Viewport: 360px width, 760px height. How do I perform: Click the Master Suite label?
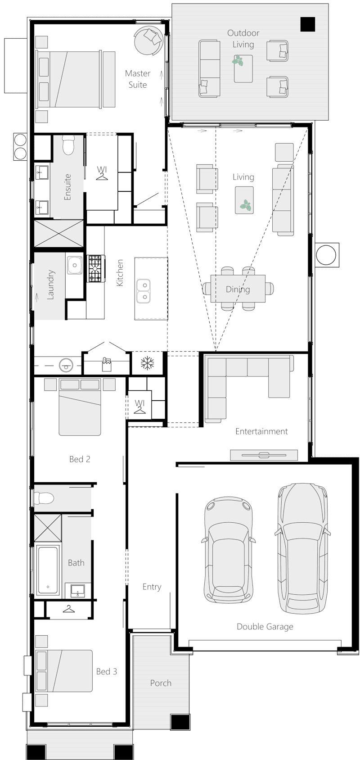point(138,79)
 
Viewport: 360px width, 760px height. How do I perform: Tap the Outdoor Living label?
point(243,39)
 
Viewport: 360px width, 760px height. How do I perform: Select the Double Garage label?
point(265,626)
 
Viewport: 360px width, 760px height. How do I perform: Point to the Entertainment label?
point(261,431)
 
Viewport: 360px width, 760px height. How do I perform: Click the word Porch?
point(161,683)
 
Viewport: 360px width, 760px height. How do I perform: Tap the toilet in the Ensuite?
point(68,145)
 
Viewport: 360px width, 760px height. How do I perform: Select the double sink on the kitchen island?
point(144,291)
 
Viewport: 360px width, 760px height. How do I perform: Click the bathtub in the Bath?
point(48,570)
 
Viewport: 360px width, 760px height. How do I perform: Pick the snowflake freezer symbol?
point(147,363)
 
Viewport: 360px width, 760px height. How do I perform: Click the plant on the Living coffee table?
point(245,205)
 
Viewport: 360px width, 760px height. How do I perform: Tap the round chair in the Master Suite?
point(148,41)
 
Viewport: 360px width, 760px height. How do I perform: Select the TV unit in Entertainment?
point(264,455)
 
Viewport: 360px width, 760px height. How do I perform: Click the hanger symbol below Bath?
point(68,609)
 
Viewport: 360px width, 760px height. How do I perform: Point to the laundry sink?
point(74,265)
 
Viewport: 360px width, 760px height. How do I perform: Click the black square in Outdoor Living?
point(308,24)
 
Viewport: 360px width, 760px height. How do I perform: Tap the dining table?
point(238,289)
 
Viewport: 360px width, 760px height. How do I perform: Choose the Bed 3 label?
point(107,671)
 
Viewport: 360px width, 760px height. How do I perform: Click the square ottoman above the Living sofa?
point(284,152)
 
